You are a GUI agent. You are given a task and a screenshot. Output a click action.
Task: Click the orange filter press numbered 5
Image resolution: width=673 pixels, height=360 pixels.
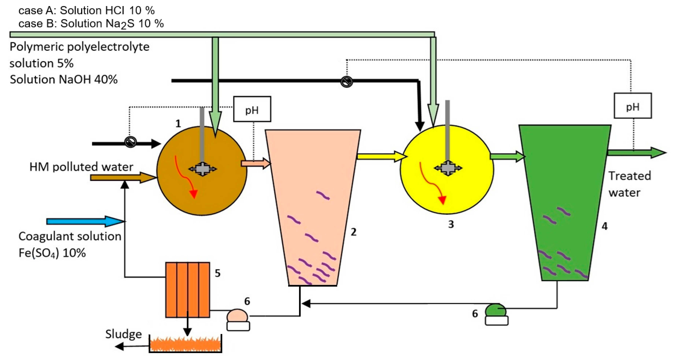(188, 289)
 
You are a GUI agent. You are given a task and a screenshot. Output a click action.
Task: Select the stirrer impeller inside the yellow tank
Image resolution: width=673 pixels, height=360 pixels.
(448, 168)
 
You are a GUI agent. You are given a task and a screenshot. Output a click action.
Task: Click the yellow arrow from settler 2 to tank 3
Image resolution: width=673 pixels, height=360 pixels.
(381, 157)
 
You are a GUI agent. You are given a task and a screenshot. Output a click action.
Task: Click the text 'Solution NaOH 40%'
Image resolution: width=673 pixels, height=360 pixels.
(64, 79)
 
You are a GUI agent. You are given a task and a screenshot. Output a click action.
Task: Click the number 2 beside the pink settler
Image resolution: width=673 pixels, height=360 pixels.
(353, 232)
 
